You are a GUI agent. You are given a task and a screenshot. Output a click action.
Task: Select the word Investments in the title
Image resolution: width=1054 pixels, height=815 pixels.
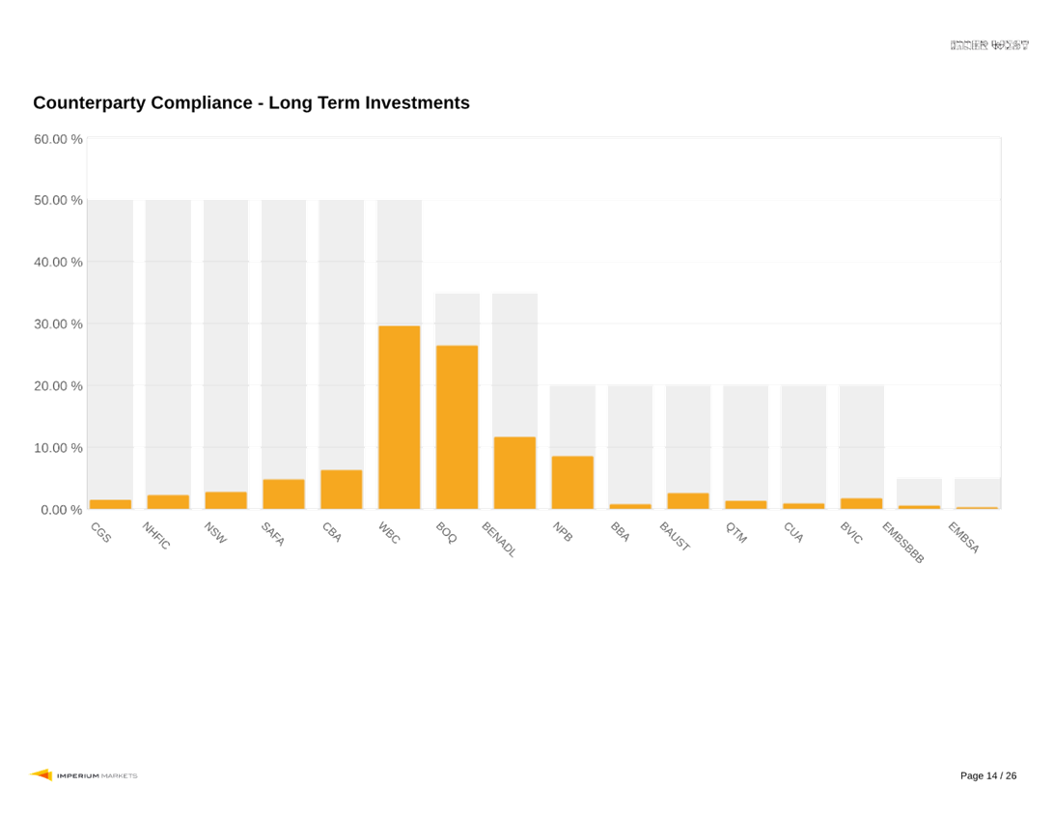pyautogui.click(x=417, y=103)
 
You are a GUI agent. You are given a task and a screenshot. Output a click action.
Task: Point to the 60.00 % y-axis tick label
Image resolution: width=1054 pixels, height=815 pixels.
pyautogui.click(x=58, y=139)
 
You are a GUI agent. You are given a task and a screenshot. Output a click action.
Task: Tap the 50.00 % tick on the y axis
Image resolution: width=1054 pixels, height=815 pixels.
pyautogui.click(x=58, y=201)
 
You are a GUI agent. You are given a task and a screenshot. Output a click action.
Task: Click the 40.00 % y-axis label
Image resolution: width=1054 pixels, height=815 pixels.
pyautogui.click(x=58, y=263)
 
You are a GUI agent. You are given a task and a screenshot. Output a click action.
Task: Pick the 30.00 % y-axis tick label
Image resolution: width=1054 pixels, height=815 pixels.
pyautogui.click(x=58, y=324)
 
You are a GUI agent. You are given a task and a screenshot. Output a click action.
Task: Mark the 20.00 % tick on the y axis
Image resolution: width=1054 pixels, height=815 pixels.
pyautogui.click(x=58, y=386)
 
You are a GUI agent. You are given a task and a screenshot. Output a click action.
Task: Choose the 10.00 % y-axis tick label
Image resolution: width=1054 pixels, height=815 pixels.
pyautogui.click(x=58, y=448)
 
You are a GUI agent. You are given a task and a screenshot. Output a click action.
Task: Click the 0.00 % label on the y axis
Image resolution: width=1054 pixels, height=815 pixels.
pyautogui.click(x=61, y=510)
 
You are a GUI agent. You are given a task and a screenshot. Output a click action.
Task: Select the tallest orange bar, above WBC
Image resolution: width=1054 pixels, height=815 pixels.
pyautogui.click(x=400, y=417)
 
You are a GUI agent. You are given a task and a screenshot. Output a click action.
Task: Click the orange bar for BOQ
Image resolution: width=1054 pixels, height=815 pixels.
pyautogui.click(x=457, y=427)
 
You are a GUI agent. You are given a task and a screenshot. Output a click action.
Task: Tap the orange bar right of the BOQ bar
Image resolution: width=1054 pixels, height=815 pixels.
pyautogui.click(x=514, y=472)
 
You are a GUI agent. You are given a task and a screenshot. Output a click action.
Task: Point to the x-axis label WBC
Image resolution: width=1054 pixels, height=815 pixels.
pyautogui.click(x=388, y=532)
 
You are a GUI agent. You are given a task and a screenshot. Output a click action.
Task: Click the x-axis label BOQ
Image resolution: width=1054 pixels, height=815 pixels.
pyautogui.click(x=446, y=530)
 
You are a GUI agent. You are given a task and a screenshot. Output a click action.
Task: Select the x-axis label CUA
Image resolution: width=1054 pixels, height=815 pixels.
pyautogui.click(x=792, y=531)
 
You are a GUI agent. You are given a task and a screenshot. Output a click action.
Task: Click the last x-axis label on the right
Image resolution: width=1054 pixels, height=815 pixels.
pyautogui.click(x=963, y=538)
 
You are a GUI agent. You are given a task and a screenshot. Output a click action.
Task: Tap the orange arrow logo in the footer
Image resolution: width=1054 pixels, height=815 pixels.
pyautogui.click(x=41, y=774)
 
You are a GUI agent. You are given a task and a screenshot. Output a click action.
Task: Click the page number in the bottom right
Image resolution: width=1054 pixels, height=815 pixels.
pyautogui.click(x=988, y=776)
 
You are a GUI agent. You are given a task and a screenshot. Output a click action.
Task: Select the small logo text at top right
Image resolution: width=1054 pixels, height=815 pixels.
pyautogui.click(x=990, y=45)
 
